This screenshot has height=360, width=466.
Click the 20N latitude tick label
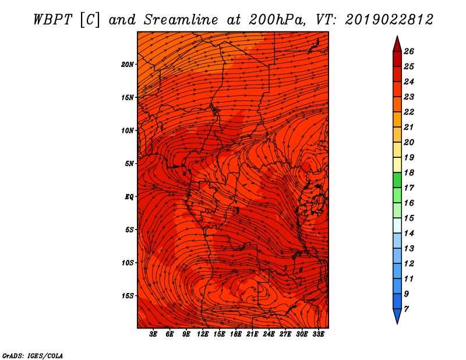pos(128,65)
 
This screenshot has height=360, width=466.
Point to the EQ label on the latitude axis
pos(129,197)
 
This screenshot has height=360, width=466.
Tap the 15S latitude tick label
pos(128,296)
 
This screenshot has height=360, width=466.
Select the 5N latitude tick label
pos(129,164)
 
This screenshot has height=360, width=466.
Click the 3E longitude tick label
pos(153,334)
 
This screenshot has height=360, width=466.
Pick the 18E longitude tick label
pos(236,334)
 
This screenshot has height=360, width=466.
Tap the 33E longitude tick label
pos(318,334)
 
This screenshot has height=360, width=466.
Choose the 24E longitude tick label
pos(269,334)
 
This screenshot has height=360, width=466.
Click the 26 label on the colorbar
pos(409,51)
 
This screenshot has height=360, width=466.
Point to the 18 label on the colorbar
pos(409,172)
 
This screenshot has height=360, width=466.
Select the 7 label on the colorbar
pos(406,309)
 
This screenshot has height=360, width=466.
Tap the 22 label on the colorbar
pos(409,112)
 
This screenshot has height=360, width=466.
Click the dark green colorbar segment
pos(397,180)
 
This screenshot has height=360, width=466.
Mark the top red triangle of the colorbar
pos(397,45)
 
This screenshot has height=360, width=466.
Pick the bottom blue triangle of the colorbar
pos(397,315)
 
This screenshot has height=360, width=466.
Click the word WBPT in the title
pos(52,20)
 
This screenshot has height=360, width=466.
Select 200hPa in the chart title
pos(277,20)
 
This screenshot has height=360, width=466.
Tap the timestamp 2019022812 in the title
pos(389,20)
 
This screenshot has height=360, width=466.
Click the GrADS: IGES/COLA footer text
pos(33,356)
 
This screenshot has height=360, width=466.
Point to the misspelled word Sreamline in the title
pos(181,20)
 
